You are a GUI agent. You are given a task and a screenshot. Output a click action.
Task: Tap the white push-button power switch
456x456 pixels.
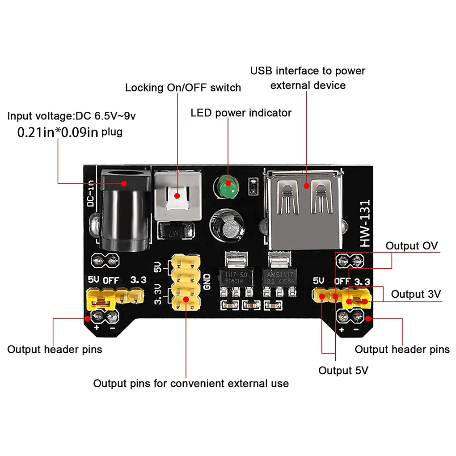click(177, 196)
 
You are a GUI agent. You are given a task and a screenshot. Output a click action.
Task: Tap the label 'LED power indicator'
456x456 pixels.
click(241, 113)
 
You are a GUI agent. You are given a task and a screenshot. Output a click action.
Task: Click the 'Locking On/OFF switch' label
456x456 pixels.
click(183, 88)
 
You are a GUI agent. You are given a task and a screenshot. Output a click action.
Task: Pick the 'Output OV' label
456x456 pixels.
click(411, 246)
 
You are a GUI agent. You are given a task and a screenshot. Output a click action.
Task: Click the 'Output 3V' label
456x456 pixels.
click(416, 294)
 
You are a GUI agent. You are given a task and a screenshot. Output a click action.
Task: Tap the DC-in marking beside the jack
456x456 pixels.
click(91, 194)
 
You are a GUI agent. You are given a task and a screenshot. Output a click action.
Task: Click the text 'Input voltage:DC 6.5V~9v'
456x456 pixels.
click(72, 116)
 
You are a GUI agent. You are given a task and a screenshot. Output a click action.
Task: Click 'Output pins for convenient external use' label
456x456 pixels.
click(191, 384)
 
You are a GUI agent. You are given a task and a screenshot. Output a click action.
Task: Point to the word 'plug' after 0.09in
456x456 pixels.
click(112, 132)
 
